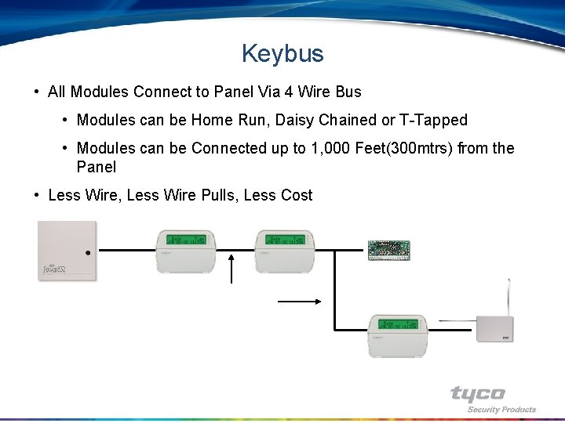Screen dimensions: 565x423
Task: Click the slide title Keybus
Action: [282, 53]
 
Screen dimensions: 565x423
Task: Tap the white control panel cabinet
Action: [67, 250]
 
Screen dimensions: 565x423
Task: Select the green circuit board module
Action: [389, 250]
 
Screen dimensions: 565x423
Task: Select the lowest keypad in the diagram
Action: [399, 335]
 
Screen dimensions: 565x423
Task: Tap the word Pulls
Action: [217, 195]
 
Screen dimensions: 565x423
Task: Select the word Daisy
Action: [295, 120]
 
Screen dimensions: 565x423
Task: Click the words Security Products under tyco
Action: [501, 409]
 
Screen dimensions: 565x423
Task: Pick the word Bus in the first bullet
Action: [348, 92]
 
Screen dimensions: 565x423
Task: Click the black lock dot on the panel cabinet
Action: [89, 253]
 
